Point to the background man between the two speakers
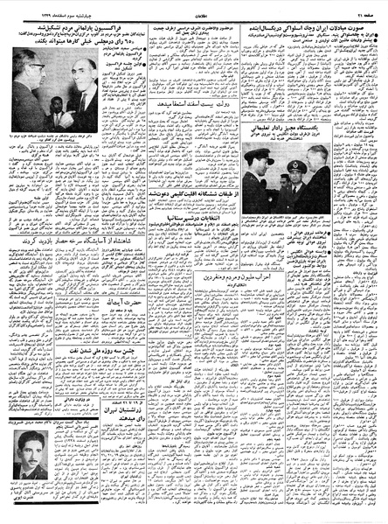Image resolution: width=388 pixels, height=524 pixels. coord(57,117)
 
